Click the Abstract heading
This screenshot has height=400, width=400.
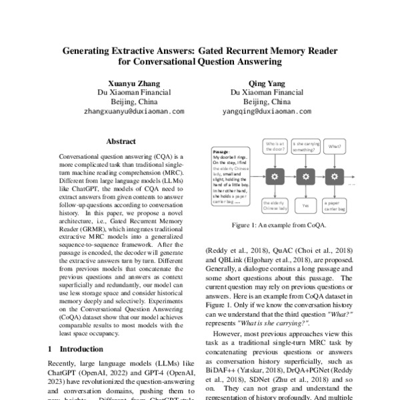tap(121, 141)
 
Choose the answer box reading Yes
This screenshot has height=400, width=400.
tap(305, 206)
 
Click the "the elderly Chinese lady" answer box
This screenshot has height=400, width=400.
tap(275, 206)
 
